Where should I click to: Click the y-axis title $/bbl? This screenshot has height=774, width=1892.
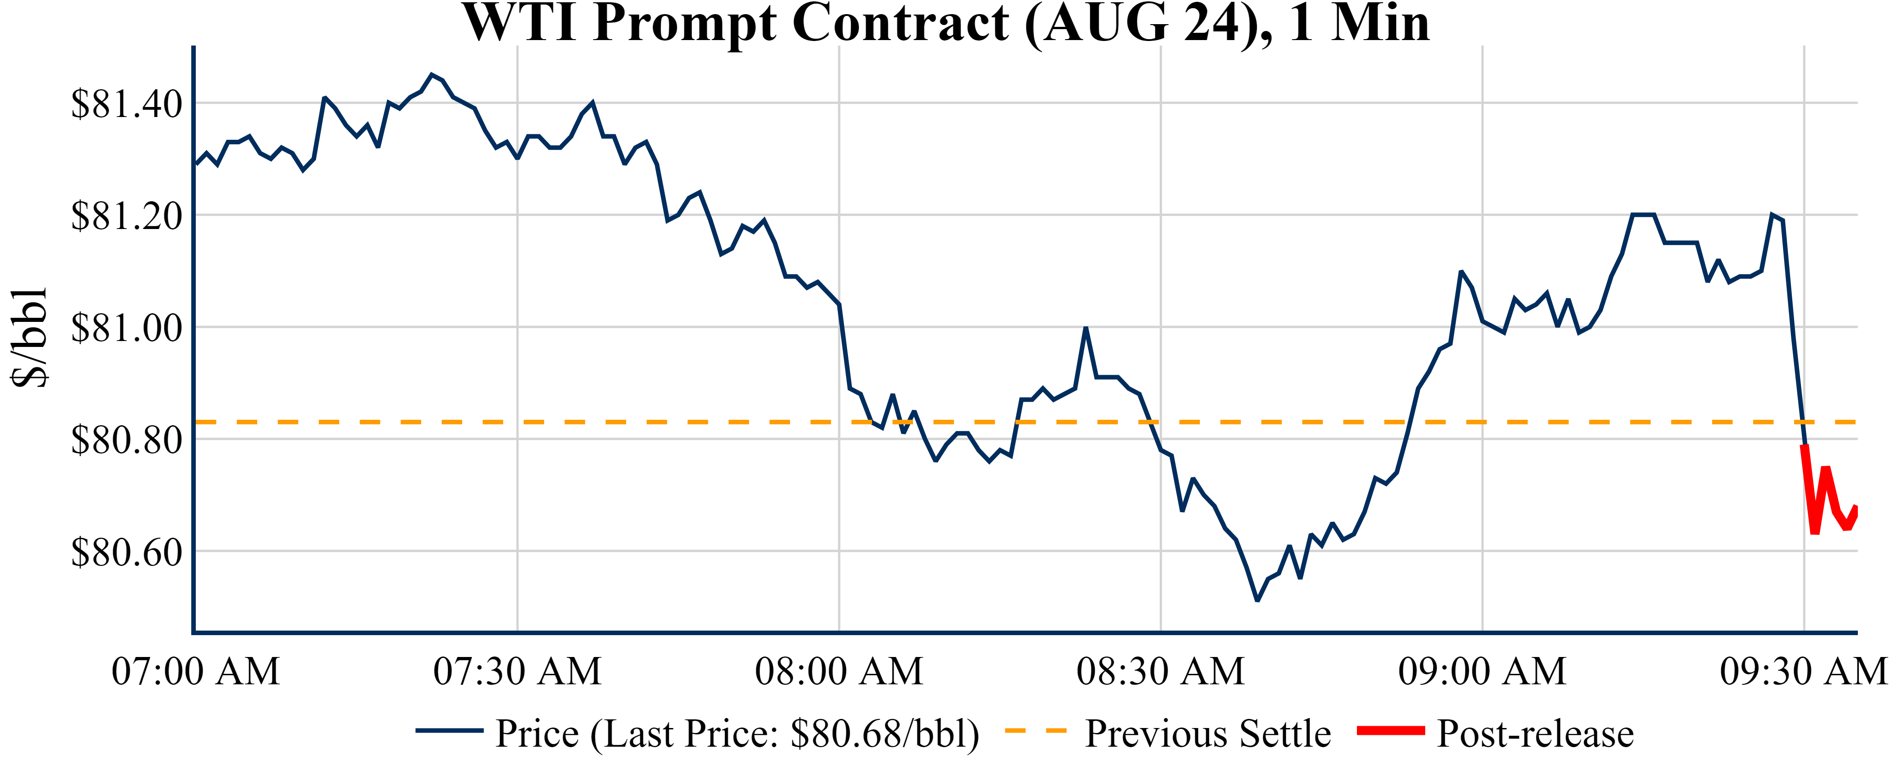click(x=30, y=338)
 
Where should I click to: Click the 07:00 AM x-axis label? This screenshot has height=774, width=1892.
click(x=195, y=671)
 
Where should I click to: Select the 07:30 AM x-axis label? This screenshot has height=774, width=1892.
click(x=517, y=671)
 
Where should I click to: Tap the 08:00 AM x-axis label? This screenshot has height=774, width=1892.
click(x=839, y=671)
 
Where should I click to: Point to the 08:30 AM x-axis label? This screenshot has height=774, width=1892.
click(x=1160, y=671)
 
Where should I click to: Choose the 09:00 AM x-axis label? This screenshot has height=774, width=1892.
click(x=1482, y=671)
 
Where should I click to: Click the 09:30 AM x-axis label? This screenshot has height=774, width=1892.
click(x=1803, y=671)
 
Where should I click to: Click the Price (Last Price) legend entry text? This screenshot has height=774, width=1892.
click(x=737, y=733)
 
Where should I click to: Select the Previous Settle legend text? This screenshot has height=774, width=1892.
click(x=1208, y=733)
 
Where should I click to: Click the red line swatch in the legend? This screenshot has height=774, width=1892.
click(x=1390, y=731)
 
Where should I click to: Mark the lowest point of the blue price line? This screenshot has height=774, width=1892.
click(x=1257, y=600)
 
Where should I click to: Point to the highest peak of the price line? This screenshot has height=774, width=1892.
click(x=432, y=74)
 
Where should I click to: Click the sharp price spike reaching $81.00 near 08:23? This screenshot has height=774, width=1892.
click(x=1086, y=328)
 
